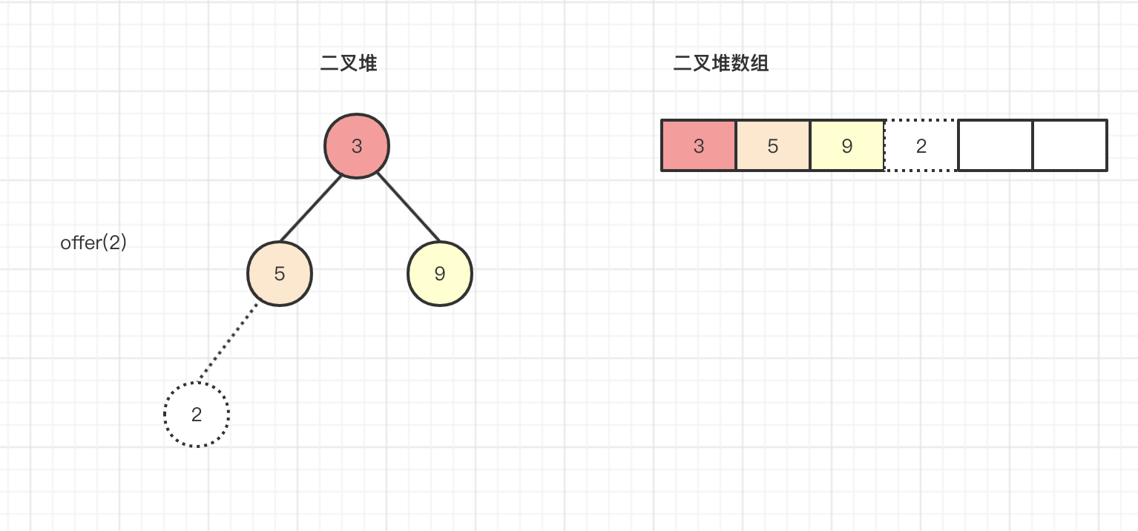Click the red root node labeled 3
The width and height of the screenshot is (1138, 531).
point(357,146)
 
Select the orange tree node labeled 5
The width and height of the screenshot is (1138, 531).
point(280,274)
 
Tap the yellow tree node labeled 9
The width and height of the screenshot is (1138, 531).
point(440,274)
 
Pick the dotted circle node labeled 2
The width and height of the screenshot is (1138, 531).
point(197,415)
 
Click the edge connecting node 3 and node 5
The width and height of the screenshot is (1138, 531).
point(311,208)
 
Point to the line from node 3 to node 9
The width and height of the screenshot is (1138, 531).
point(409,208)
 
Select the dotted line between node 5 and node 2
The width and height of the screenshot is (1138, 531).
point(228,343)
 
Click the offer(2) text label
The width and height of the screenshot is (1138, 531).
point(93,243)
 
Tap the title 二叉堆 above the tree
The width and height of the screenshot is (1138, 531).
point(349,64)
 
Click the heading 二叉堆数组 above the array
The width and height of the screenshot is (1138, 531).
point(721,64)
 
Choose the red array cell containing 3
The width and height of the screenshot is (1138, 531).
point(699,145)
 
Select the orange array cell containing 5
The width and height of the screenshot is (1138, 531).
point(773,145)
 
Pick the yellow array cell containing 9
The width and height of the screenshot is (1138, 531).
point(847,145)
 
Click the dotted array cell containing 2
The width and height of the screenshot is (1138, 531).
point(921,145)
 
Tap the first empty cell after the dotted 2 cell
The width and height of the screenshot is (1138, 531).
point(996,145)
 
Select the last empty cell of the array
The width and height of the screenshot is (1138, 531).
point(1070,145)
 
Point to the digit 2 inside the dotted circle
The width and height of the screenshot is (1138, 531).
point(197,415)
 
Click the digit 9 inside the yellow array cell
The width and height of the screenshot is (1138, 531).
point(847,146)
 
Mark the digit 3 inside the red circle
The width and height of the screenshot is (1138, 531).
point(357,146)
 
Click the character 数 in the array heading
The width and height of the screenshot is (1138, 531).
point(740,64)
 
